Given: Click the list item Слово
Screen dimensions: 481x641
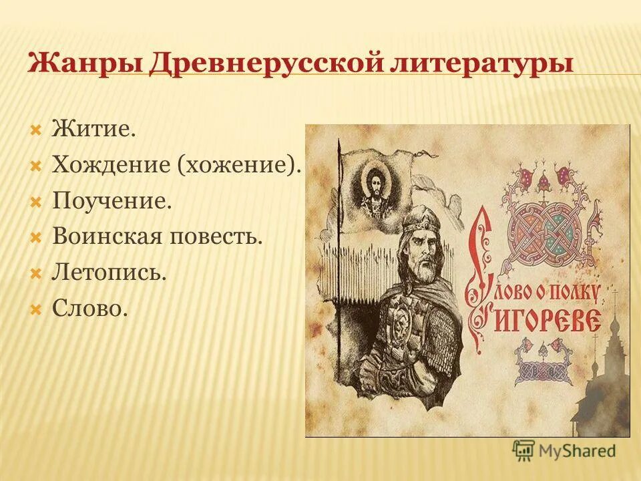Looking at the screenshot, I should (89, 308).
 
